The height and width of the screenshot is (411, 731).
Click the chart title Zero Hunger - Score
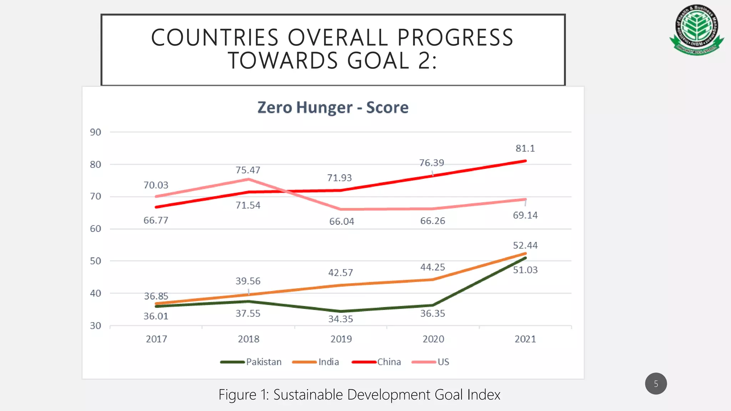(333, 107)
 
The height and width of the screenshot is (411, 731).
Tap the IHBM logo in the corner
(697, 30)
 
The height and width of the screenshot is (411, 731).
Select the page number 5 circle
(656, 384)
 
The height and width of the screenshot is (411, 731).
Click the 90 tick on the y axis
(95, 132)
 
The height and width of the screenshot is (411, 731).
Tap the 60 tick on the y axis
(95, 229)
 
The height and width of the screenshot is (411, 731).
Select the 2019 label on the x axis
(341, 339)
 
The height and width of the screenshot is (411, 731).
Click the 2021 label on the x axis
(525, 339)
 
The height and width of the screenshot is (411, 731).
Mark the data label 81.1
(525, 148)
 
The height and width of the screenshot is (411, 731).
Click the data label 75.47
(248, 170)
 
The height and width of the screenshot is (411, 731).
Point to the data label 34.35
(341, 319)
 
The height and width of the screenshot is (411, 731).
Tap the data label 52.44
(525, 245)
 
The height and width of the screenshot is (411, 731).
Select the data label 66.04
(342, 222)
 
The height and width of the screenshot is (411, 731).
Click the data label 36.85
(156, 296)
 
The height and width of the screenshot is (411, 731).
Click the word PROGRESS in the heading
(455, 38)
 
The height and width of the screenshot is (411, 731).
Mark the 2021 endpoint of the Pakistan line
(525, 258)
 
